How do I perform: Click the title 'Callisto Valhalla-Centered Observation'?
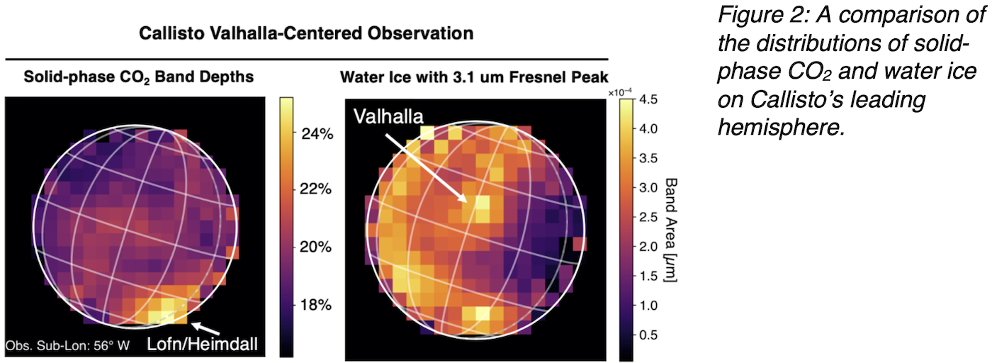click(x=305, y=33)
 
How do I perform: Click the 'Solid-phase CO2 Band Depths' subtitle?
click(x=138, y=77)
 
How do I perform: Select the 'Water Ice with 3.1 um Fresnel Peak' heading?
click(x=474, y=77)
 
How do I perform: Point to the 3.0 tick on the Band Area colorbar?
click(x=648, y=188)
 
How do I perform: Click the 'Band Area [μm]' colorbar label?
click(x=670, y=230)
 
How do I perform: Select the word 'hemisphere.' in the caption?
click(x=778, y=128)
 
